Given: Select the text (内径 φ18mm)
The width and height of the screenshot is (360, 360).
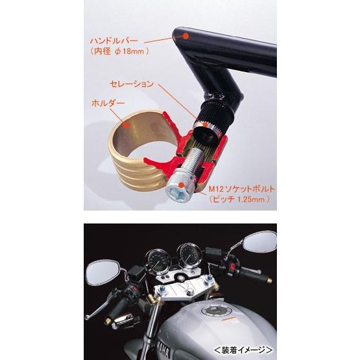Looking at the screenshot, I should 120,53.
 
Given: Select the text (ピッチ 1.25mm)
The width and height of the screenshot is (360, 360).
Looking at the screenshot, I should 240,200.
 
